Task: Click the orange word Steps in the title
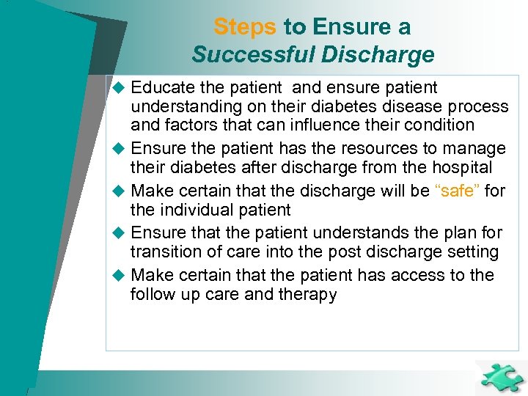point(245,27)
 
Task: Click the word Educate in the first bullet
point(162,88)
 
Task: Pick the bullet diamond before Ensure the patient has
point(120,150)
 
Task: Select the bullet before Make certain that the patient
point(120,276)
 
